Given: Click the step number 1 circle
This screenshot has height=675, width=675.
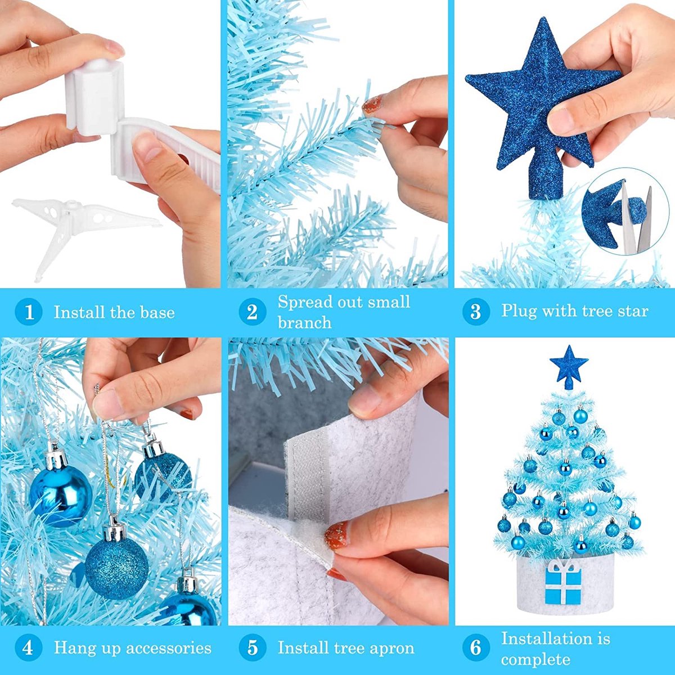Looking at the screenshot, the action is coord(29,312).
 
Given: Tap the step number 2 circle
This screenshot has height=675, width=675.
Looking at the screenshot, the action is coord(252,312).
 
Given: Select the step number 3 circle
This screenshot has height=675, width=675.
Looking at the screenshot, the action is coord(476,312).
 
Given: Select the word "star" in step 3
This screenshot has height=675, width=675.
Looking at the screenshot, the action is coord(633,311).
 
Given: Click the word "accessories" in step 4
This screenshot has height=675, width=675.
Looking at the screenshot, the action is coord(169,638).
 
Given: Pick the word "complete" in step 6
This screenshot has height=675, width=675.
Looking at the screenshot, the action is coord(535,660).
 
